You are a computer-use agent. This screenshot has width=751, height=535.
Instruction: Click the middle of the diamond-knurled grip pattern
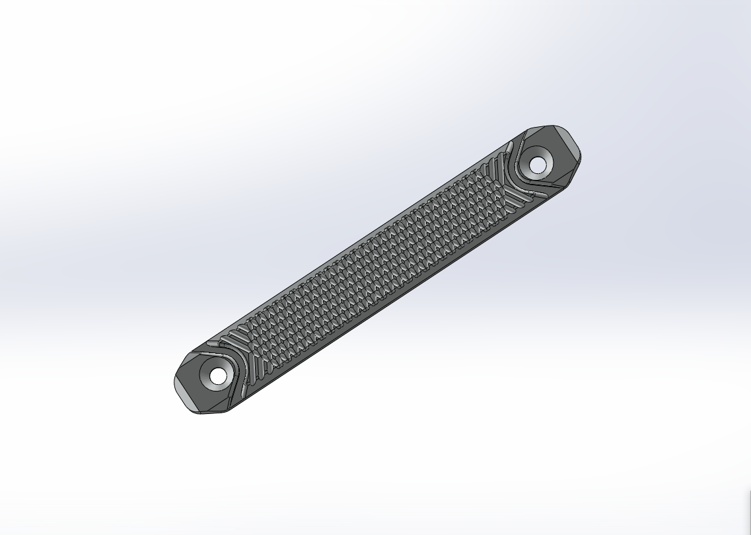point(370,265)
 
